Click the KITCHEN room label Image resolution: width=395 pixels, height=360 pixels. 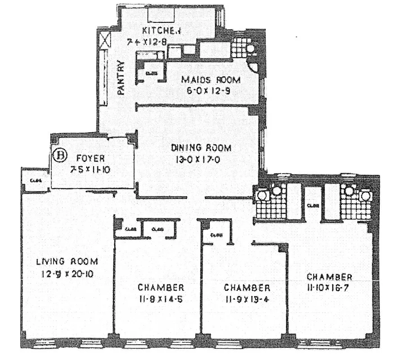tap(161, 31)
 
